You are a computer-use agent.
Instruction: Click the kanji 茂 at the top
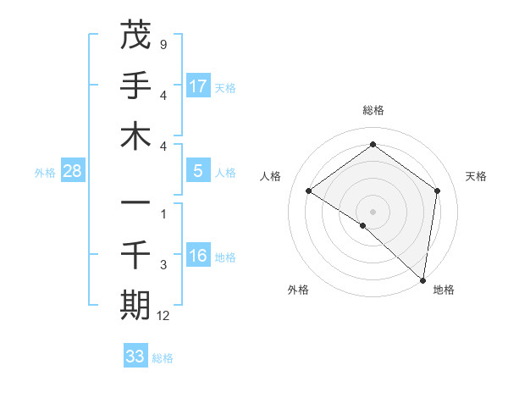135,36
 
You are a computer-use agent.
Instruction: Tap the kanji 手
135,86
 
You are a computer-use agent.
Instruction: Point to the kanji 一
135,203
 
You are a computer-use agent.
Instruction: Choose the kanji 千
135,254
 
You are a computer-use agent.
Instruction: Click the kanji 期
135,305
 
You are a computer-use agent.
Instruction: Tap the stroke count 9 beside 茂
163,44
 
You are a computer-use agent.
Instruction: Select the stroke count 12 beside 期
164,316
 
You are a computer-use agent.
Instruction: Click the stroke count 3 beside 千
163,265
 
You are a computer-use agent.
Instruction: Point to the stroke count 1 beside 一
163,214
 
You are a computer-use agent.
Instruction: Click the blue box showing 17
198,86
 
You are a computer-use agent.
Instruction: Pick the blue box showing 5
198,171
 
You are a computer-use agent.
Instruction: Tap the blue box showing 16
198,256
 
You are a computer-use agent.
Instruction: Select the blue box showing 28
73,171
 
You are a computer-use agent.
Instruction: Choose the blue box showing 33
135,357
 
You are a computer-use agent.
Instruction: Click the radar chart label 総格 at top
373,110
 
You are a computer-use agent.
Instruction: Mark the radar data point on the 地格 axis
422,279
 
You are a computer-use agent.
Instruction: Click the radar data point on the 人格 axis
309,191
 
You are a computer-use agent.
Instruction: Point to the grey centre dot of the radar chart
373,211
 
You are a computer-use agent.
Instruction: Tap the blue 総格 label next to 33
163,358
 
